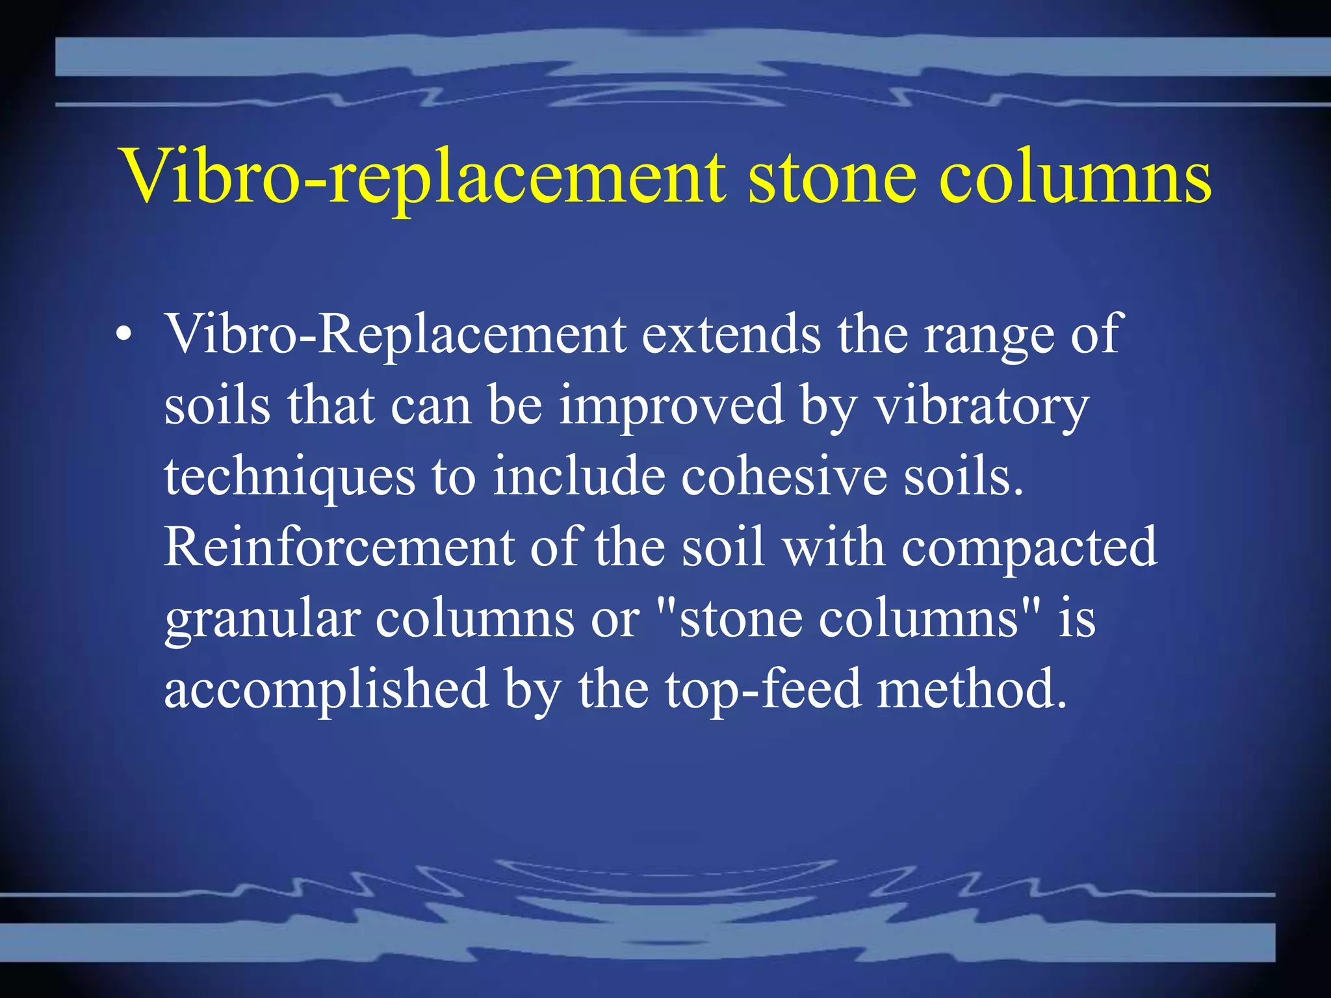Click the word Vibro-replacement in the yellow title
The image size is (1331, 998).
423,177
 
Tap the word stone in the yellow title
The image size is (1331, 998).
833,177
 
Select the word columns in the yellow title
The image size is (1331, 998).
1075,177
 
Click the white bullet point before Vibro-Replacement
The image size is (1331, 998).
123,335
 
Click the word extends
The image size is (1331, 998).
732,334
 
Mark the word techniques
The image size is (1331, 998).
289,478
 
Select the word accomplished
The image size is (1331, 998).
326,689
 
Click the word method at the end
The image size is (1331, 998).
972,688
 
